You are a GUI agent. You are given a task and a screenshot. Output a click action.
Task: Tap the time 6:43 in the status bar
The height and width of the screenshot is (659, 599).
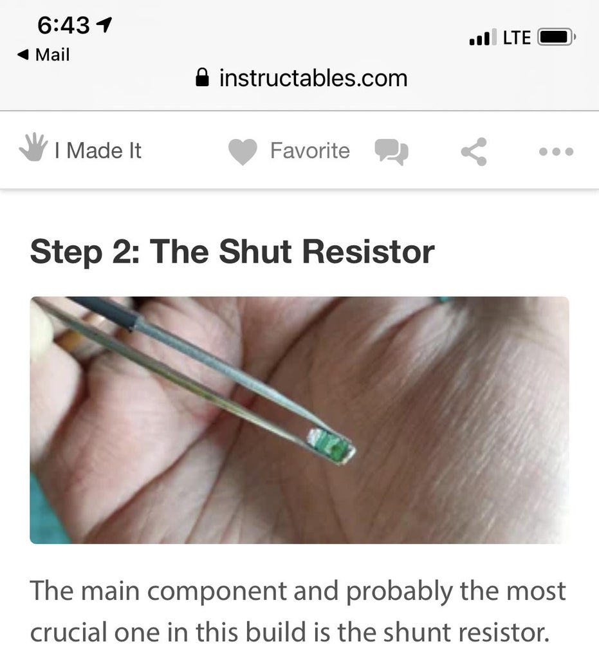coord(64,26)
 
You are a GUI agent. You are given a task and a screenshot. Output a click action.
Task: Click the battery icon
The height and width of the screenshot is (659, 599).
coord(555,38)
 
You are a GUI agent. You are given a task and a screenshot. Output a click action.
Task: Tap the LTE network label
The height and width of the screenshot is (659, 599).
coord(517,38)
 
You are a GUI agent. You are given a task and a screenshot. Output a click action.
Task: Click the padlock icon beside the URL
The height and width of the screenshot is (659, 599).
coord(202,79)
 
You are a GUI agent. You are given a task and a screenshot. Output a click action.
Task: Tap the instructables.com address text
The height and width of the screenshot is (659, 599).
coord(313,79)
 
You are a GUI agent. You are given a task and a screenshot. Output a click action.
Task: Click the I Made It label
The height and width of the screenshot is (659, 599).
coord(98,151)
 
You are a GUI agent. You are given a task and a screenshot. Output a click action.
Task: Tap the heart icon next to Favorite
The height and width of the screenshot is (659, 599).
coord(243,152)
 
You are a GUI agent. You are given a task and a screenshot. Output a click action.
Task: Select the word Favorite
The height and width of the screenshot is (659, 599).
coord(309,151)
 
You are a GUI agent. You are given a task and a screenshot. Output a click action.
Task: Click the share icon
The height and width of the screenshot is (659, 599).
coord(474,152)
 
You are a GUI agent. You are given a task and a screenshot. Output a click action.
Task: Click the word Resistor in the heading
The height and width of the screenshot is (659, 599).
coord(368,252)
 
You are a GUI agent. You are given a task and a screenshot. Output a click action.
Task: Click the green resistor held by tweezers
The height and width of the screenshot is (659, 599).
coord(330,444)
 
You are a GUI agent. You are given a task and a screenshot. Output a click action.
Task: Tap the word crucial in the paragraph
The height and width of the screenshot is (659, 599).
coord(69,633)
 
